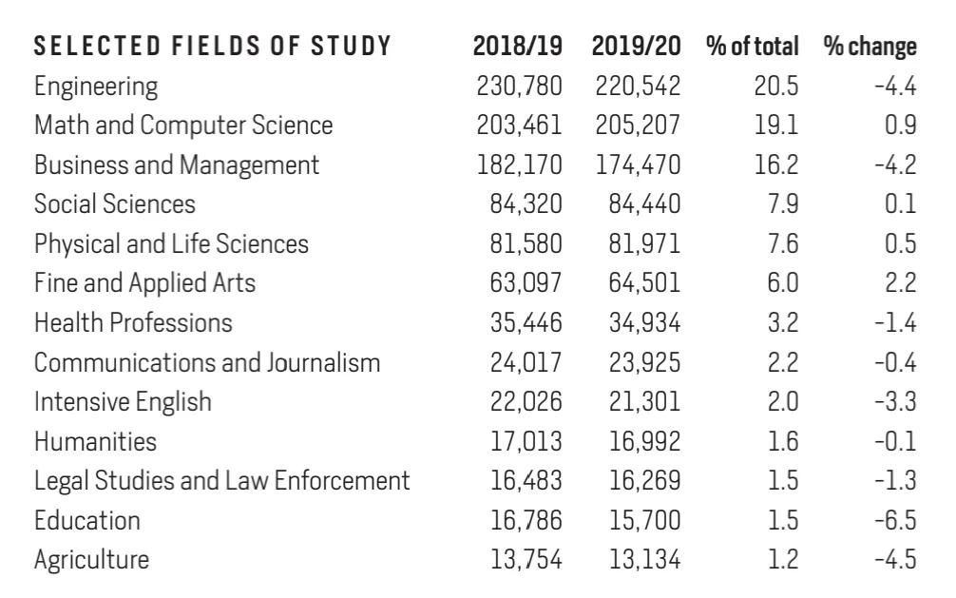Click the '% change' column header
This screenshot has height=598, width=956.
(870, 47)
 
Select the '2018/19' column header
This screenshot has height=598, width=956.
(518, 47)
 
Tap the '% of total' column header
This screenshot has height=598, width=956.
(753, 47)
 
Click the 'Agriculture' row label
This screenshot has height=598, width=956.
(91, 560)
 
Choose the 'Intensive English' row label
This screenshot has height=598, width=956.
(123, 402)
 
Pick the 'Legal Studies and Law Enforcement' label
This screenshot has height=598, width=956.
(222, 481)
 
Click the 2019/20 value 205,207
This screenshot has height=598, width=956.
(638, 125)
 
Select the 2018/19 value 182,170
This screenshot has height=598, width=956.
(520, 164)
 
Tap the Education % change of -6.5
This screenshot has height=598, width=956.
(895, 520)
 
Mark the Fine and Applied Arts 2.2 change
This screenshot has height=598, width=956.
(900, 283)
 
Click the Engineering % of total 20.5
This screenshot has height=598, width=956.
(776, 86)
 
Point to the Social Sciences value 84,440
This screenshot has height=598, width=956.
(644, 204)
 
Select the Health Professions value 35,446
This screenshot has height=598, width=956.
(526, 323)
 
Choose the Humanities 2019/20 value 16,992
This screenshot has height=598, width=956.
(645, 442)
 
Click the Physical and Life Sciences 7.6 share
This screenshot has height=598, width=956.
(783, 244)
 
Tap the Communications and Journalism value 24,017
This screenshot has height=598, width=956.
(526, 362)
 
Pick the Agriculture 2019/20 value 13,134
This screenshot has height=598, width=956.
(645, 560)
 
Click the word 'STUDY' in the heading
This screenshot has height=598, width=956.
(351, 47)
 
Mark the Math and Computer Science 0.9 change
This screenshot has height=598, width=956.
(901, 125)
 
